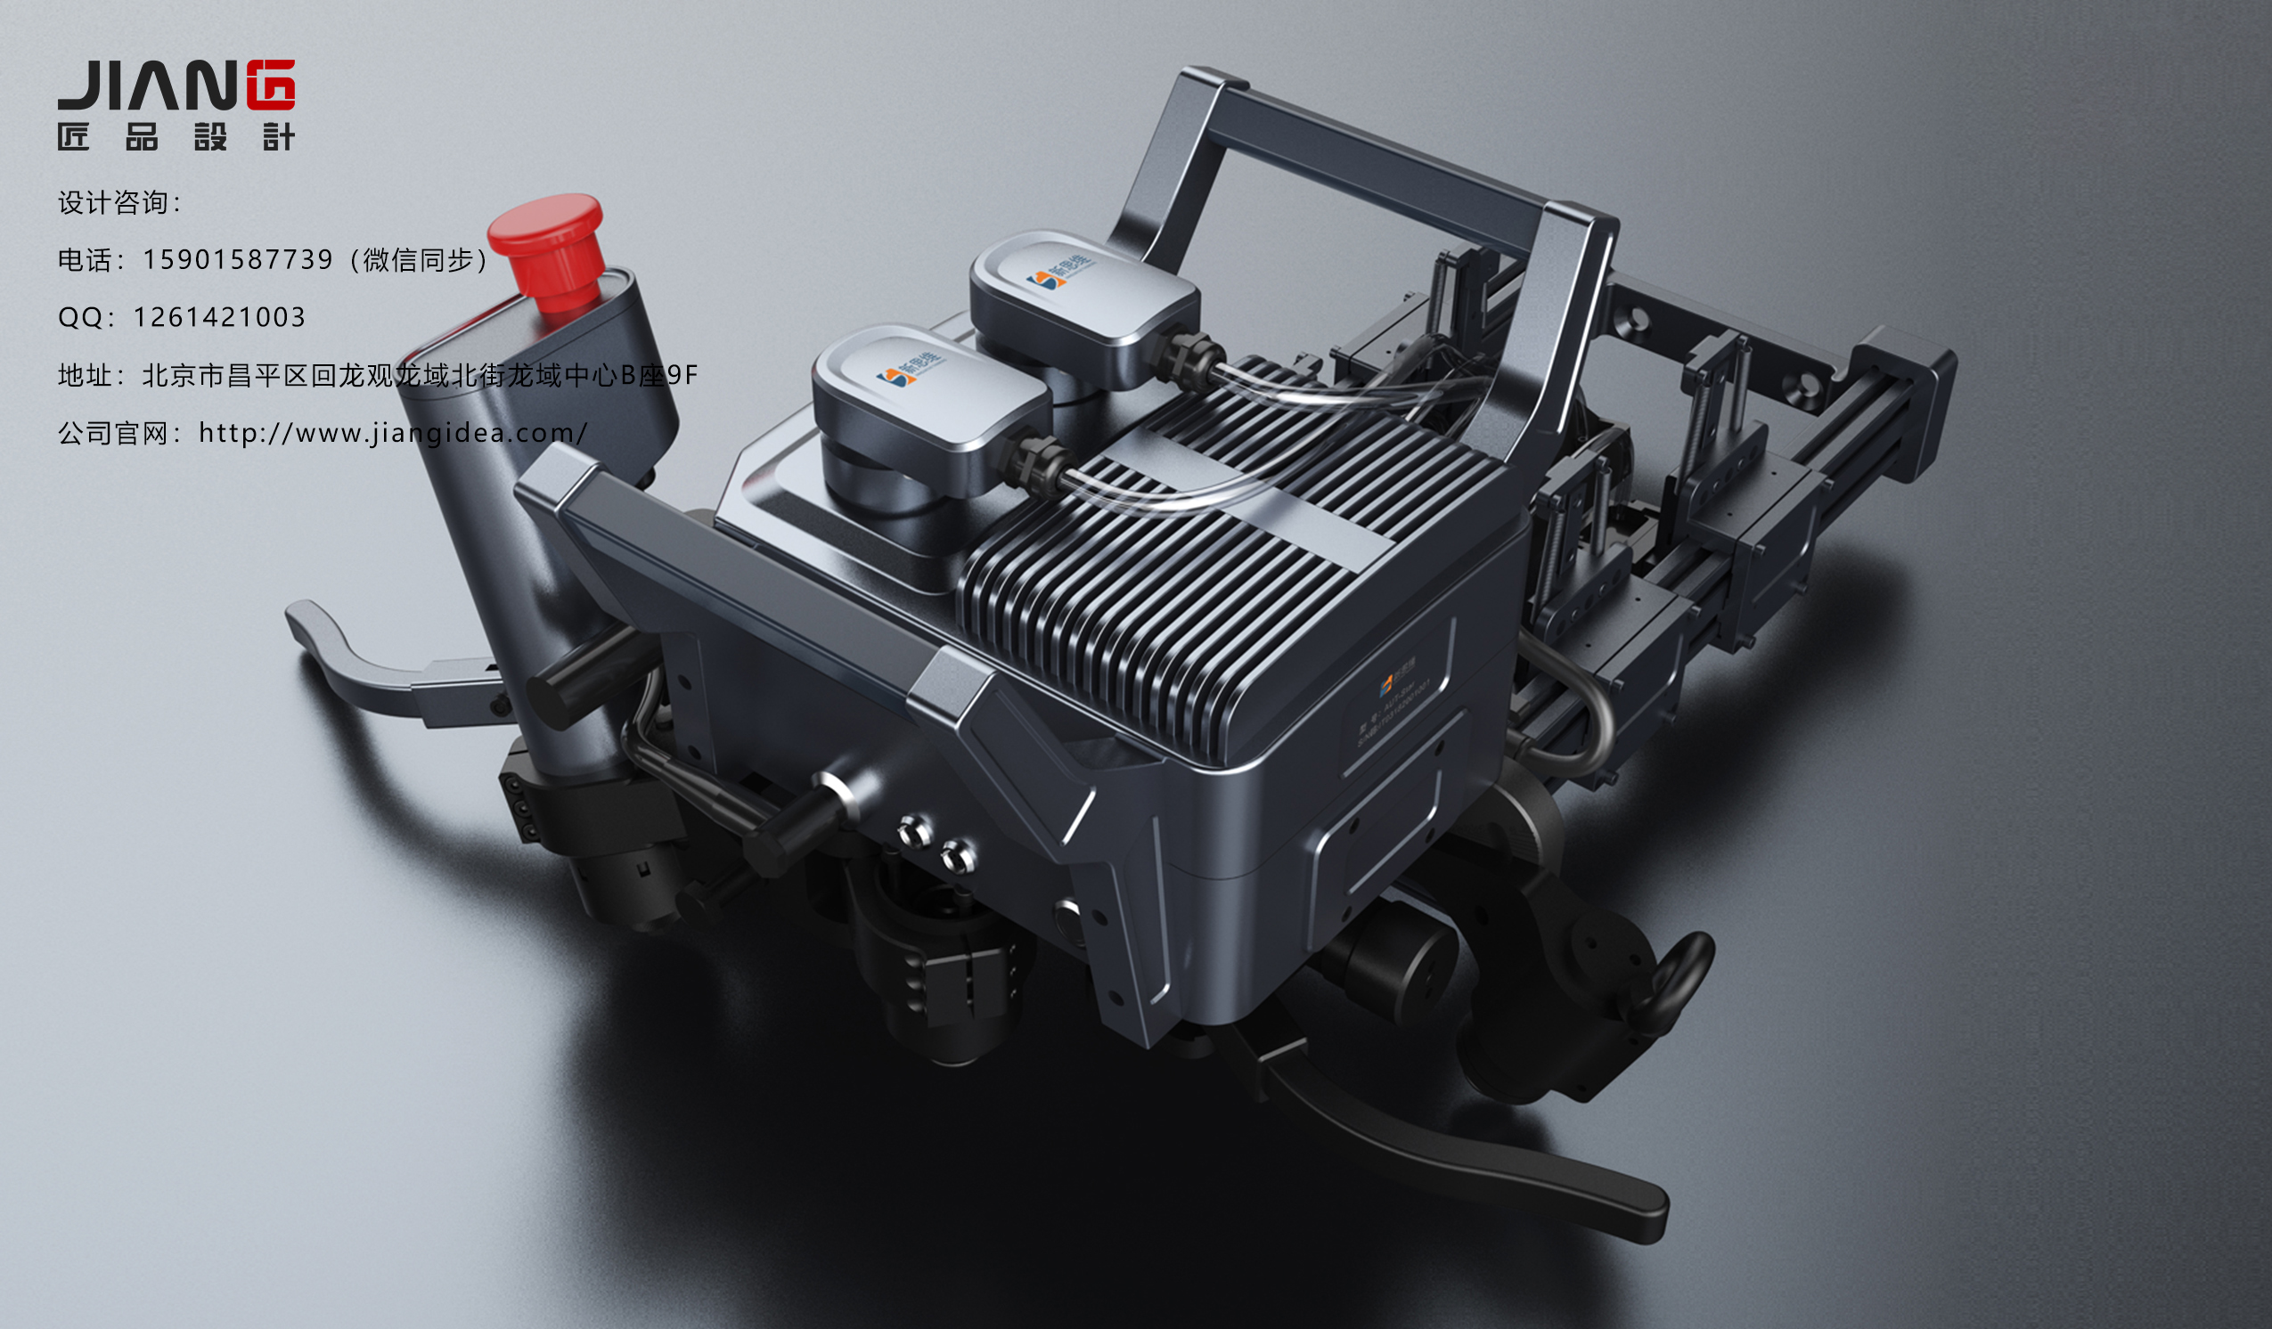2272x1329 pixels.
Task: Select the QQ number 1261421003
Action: [x=219, y=317]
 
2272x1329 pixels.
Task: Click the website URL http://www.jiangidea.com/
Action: [x=393, y=433]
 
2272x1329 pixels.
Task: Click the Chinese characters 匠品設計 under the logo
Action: [x=176, y=137]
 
